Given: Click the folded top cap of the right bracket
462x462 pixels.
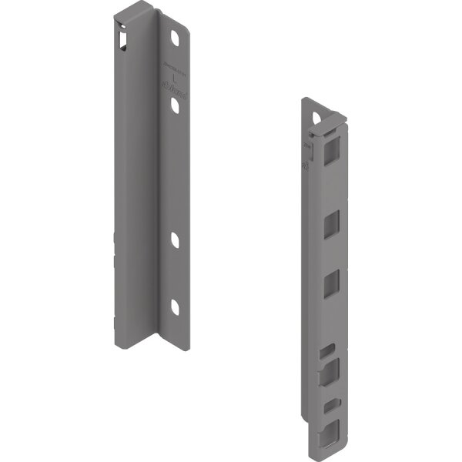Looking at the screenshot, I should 323,108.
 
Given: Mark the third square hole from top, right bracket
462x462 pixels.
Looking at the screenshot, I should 330,282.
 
